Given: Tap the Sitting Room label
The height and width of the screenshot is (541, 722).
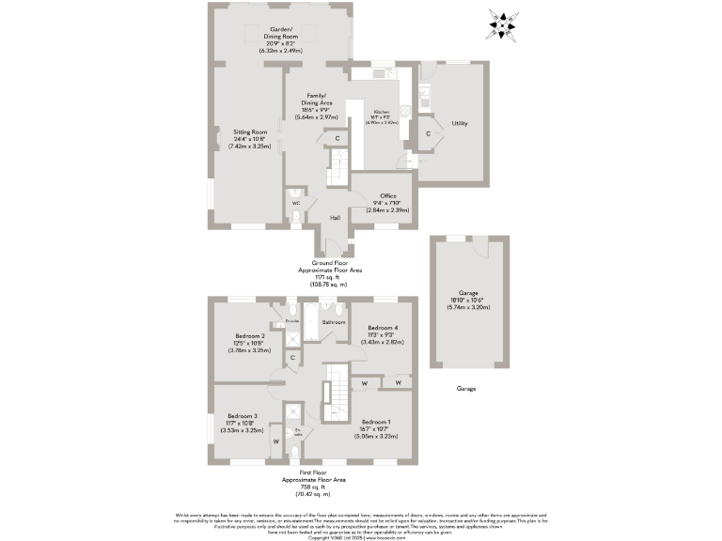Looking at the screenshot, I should click(251, 132).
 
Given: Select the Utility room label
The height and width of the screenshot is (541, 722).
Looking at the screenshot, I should click(460, 123).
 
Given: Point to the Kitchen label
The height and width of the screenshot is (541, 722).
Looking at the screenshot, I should click(382, 112).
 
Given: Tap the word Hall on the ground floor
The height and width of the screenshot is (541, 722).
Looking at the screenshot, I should click(335, 218).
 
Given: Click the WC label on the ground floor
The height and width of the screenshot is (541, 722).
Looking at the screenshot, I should click(295, 203).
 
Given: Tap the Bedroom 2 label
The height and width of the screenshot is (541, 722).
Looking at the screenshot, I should click(250, 335).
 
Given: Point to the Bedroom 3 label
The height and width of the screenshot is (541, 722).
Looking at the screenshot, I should click(243, 416).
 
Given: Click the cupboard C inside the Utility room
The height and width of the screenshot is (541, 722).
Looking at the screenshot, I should click(428, 133).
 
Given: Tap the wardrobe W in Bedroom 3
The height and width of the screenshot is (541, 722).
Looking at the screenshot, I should click(276, 441).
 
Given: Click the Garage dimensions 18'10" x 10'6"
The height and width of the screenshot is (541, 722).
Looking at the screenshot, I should click(468, 300).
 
